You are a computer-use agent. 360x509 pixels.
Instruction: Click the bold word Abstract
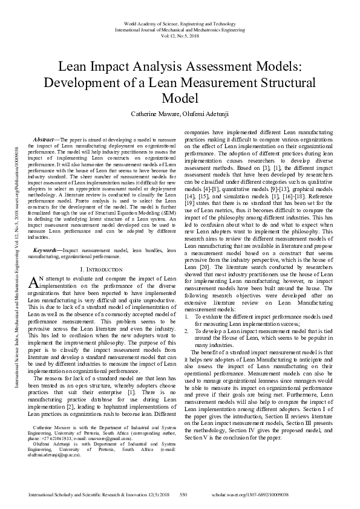pyautogui.click(x=45, y=138)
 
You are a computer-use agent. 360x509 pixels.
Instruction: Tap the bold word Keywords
pyautogui.click(x=47, y=249)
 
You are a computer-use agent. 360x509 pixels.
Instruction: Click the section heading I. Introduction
pyautogui.click(x=101, y=268)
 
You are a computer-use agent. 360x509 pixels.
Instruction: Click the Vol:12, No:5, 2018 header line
pyautogui.click(x=180, y=18)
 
